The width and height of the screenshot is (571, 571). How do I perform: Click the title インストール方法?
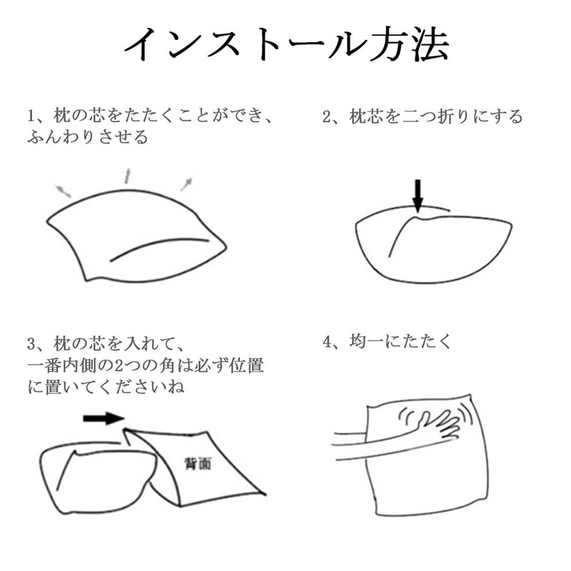286,44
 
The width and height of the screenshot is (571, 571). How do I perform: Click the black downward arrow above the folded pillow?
418,195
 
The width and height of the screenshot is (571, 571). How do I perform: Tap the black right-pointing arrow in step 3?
103,418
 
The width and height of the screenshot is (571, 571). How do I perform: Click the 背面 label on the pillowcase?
198,463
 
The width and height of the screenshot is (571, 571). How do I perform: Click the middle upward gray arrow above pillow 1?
127,176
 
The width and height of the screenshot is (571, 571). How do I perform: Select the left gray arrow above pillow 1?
63,191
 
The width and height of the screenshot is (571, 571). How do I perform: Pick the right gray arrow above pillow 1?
187,184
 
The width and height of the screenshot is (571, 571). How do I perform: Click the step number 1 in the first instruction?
32,116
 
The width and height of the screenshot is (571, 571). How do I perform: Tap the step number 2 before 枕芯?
327,117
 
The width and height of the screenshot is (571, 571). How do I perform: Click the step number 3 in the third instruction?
31,344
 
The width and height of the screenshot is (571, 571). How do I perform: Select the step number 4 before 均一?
327,342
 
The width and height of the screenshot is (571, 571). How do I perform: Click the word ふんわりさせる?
88,137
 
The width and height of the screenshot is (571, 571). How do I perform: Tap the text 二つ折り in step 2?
435,116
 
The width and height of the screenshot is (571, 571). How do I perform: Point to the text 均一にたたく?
400,342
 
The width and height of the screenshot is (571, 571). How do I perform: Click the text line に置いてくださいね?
106,387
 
